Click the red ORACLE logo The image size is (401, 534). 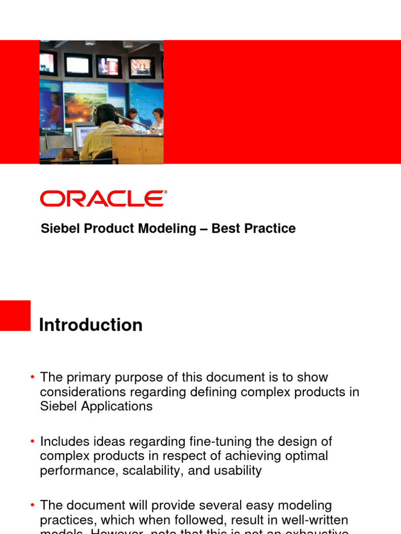pos(103,199)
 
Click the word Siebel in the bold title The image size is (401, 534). pos(58,228)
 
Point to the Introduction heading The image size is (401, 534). pos(91,325)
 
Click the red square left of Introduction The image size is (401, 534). pos(15,315)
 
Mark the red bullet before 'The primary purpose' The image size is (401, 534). pos(32,377)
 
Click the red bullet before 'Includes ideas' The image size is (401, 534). pos(32,442)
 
